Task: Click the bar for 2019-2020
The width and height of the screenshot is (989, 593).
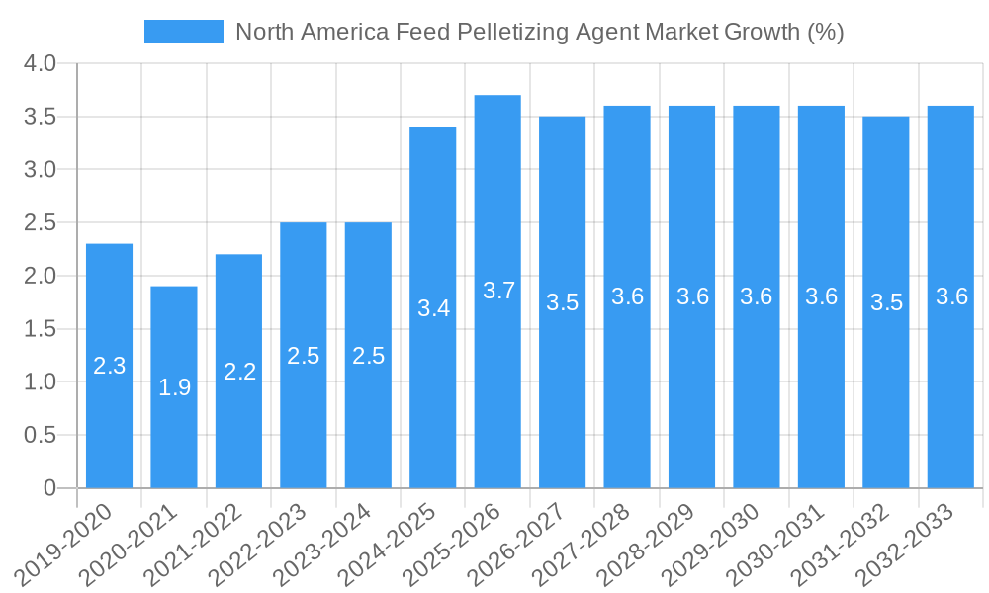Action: [109, 366]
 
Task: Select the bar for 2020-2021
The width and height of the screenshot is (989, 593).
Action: [174, 386]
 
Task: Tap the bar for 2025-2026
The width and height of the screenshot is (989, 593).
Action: [497, 291]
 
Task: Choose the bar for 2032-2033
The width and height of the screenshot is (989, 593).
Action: [950, 296]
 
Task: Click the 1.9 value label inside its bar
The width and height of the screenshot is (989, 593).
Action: [174, 387]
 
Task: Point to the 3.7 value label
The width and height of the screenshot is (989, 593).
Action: [498, 291]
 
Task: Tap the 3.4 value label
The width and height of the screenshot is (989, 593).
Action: [433, 308]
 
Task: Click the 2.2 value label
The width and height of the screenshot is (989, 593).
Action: [239, 372]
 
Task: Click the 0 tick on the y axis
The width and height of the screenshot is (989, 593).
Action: [50, 488]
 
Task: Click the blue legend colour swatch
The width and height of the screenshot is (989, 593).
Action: [183, 32]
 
